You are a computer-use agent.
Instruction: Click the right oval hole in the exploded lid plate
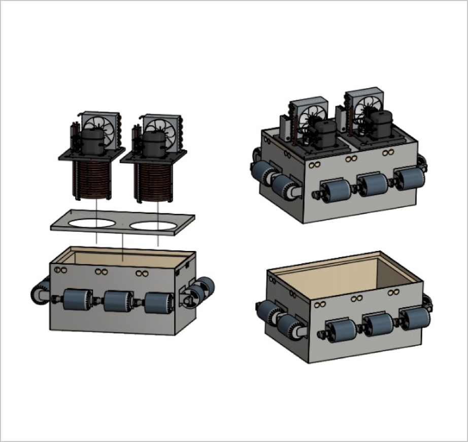click(x=154, y=225)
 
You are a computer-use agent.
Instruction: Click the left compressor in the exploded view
click(x=92, y=140)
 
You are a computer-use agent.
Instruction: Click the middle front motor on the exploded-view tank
click(x=117, y=301)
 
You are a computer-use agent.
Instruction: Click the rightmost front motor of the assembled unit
click(x=410, y=178)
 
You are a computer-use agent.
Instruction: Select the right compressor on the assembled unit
click(x=381, y=124)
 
